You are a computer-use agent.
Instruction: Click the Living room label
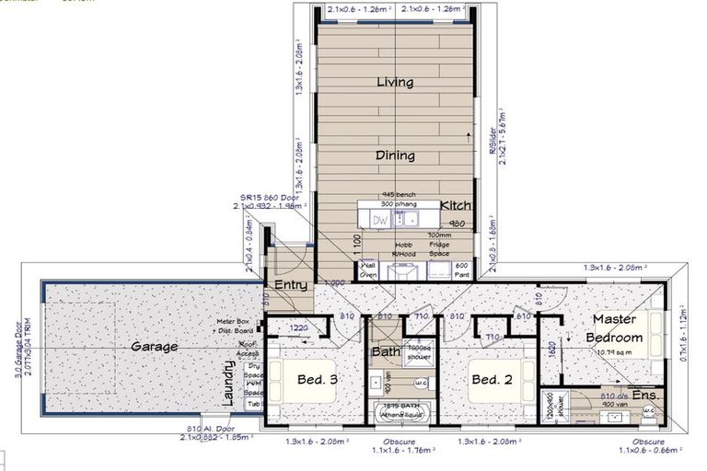coord(394,83)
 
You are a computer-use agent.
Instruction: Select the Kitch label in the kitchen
coord(456,205)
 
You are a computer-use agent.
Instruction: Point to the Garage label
coord(154,347)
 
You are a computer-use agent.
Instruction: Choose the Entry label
coord(291,285)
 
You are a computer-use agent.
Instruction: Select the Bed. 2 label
coord(491,379)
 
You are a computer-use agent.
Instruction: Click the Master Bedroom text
coord(614,328)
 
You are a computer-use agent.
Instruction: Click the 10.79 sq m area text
coord(612,351)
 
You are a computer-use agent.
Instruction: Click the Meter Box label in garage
coord(229,322)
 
